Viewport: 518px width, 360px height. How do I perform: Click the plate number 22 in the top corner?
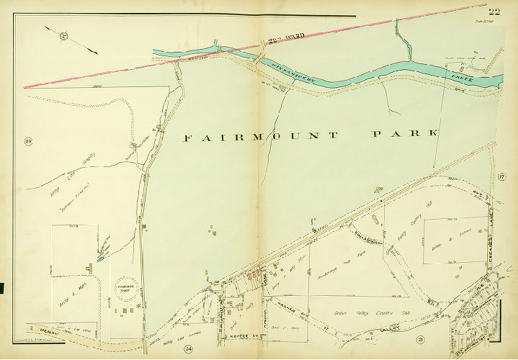tap(494, 9)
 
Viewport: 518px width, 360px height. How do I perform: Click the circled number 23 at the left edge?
tap(30, 140)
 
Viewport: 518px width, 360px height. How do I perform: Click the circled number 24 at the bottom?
tap(189, 349)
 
